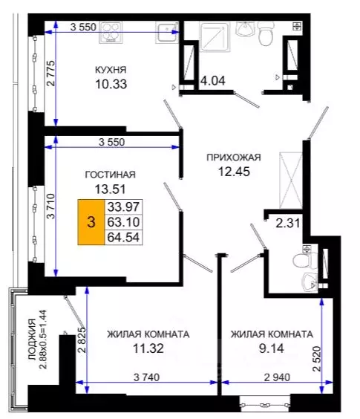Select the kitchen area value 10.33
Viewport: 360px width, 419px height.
pos(111,84)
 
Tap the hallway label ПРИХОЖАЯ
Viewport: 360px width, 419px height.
pos(234,157)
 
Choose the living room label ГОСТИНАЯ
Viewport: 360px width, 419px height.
pos(111,175)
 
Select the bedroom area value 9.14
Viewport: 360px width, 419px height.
pos(270,347)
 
